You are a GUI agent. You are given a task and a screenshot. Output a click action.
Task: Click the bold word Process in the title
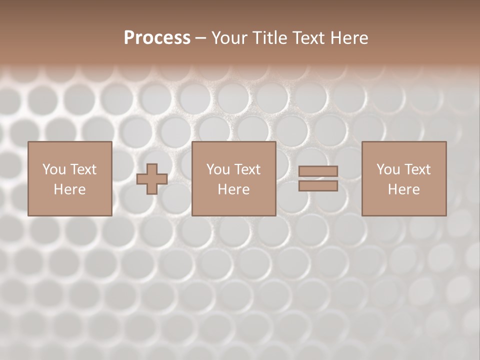click(157, 38)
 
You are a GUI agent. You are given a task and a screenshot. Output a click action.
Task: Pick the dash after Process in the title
click(201, 38)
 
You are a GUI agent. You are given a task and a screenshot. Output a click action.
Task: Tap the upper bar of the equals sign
click(318, 171)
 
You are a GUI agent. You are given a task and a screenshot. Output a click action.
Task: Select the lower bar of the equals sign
click(318, 185)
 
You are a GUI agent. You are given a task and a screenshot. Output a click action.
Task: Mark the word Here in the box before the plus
click(69, 189)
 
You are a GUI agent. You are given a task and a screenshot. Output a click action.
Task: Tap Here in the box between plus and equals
click(233, 189)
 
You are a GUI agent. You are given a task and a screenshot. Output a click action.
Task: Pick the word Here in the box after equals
click(403, 189)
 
